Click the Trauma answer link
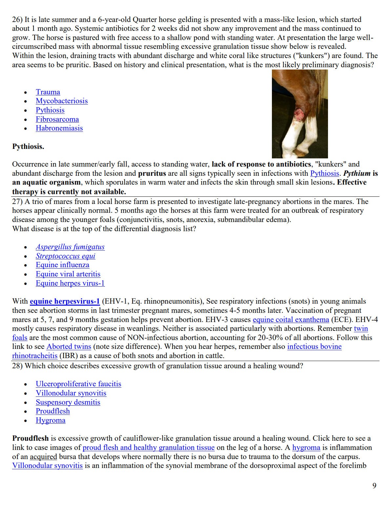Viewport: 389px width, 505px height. click(48, 92)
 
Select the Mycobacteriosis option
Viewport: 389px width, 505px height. click(62, 101)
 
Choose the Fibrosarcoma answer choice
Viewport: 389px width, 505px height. click(57, 119)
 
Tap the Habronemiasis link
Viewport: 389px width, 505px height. click(59, 128)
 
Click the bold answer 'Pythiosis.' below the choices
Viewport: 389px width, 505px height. click(28, 147)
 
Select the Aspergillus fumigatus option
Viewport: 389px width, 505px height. click(70, 247)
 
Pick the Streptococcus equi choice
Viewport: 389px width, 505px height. click(65, 256)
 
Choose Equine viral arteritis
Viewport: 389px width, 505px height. click(68, 274)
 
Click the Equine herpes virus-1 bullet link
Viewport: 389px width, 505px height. click(70, 283)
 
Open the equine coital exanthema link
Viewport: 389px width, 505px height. click(291, 320)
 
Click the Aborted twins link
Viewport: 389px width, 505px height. click(69, 347)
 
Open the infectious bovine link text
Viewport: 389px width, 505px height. click(314, 347)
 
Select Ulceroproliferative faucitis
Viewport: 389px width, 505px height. click(78, 384)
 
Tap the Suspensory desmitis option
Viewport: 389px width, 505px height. click(68, 402)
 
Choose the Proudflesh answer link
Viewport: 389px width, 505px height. click(52, 411)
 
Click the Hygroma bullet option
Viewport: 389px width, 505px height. click(51, 420)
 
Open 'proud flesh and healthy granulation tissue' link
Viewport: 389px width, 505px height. click(148, 448)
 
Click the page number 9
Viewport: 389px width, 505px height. click(374, 486)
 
